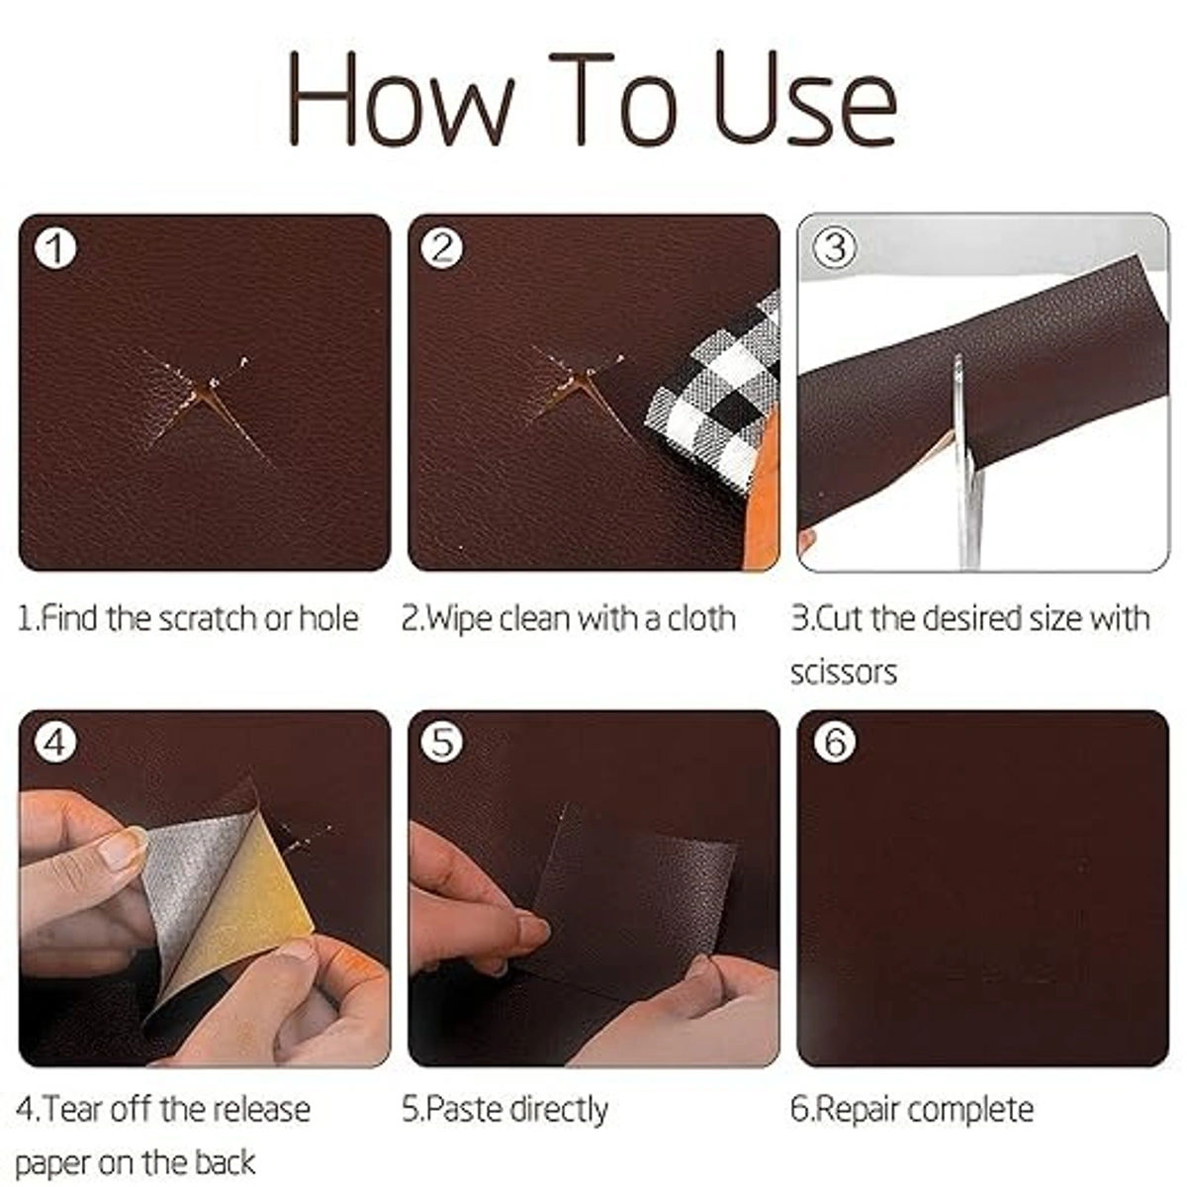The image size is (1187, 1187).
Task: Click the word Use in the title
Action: click(804, 99)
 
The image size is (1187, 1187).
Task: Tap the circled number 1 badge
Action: click(55, 248)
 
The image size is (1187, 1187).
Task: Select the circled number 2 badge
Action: click(441, 248)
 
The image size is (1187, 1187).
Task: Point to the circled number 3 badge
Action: click(835, 247)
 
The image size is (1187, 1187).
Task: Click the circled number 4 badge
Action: click(55, 742)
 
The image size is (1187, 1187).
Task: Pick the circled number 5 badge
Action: click(441, 742)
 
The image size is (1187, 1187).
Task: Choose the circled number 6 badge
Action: click(835, 742)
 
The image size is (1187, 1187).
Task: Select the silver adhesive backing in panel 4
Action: click(188, 870)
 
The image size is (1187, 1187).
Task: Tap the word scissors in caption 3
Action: click(843, 673)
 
